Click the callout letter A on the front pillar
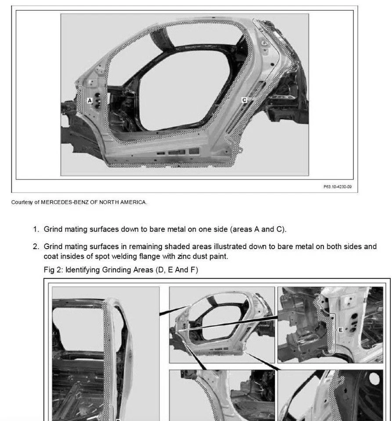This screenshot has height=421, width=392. pyautogui.click(x=90, y=100)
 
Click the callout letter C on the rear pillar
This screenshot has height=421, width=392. pyautogui.click(x=245, y=100)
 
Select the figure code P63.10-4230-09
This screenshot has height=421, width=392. pyautogui.click(x=338, y=186)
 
